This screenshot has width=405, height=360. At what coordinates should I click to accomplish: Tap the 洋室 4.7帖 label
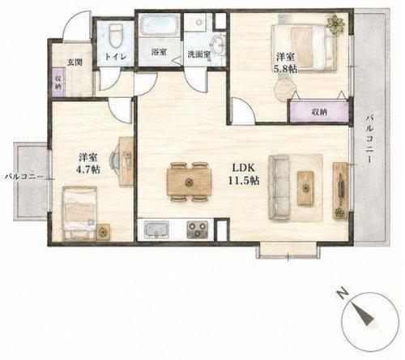coord(88,163)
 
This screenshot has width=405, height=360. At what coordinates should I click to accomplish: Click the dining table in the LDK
coord(189,182)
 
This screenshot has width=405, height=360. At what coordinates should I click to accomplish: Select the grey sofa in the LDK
coord(279,187)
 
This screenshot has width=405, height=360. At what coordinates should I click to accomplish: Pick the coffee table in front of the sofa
coord(305,188)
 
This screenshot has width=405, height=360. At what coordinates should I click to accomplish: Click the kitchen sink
coord(156,229)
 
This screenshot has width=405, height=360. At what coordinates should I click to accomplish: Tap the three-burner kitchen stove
coord(198,229)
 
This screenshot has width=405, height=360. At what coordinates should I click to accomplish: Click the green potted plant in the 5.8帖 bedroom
coord(335,24)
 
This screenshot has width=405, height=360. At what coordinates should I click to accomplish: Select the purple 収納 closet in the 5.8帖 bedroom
coord(318,112)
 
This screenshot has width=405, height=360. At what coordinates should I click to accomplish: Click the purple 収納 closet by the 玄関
coord(58,82)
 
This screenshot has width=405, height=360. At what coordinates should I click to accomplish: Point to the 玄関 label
coord(75,62)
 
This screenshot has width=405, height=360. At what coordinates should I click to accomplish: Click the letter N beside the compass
coord(343,294)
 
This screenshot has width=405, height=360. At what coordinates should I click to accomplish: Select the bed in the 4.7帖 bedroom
coord(79,213)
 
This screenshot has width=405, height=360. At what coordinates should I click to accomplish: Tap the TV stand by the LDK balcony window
coord(340,190)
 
